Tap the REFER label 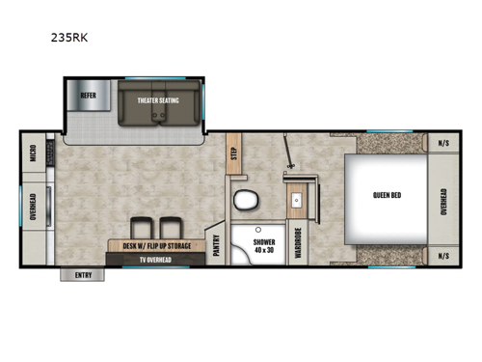(88, 96)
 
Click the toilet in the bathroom (246, 202)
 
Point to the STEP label (233, 154)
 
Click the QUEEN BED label (388, 197)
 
